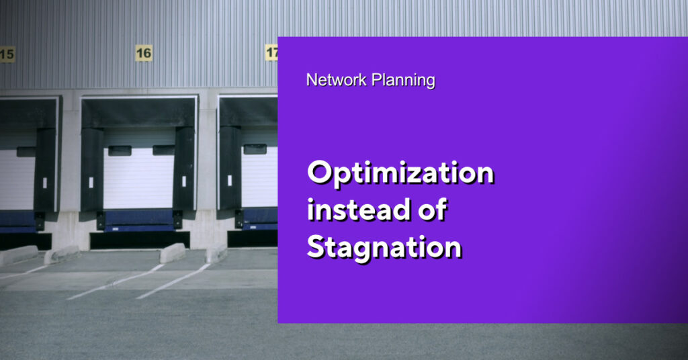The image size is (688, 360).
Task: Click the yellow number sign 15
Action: (x=7, y=54)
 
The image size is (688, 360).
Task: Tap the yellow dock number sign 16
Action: (x=144, y=53)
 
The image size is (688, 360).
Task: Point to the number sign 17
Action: (x=271, y=52)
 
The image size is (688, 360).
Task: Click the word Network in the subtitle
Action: (x=337, y=80)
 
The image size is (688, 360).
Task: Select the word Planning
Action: (x=403, y=81)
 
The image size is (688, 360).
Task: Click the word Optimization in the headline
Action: (x=400, y=173)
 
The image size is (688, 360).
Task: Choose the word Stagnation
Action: (x=384, y=248)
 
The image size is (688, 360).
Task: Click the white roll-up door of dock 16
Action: (x=138, y=177)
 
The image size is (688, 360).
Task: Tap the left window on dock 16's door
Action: (x=120, y=151)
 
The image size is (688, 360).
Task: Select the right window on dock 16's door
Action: (x=163, y=150)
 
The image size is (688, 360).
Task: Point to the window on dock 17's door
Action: (x=255, y=149)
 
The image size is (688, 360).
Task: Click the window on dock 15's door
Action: (x=26, y=152)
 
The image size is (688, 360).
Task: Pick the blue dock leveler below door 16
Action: (x=139, y=220)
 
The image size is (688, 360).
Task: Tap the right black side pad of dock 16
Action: (x=184, y=169)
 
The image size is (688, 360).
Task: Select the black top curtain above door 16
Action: (x=138, y=113)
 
